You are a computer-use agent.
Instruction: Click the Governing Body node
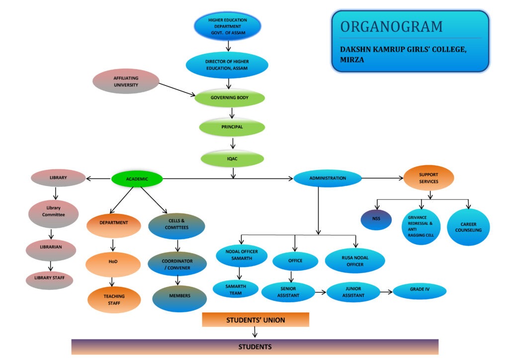[x=229, y=98]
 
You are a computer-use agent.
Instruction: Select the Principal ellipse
[x=232, y=127]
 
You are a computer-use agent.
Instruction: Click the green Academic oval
[x=137, y=179]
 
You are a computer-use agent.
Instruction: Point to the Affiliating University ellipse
[x=126, y=82]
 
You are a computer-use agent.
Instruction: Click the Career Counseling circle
[x=468, y=227]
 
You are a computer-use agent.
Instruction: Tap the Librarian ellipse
[x=51, y=248]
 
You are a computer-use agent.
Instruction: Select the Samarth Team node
[x=236, y=289]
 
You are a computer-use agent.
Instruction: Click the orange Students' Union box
[x=255, y=320]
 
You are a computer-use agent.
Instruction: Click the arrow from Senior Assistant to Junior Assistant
[x=320, y=292]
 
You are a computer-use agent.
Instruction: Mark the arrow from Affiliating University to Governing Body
[x=176, y=90]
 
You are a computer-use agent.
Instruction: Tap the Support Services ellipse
[x=428, y=178]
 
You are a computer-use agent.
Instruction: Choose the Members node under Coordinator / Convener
[x=179, y=296]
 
